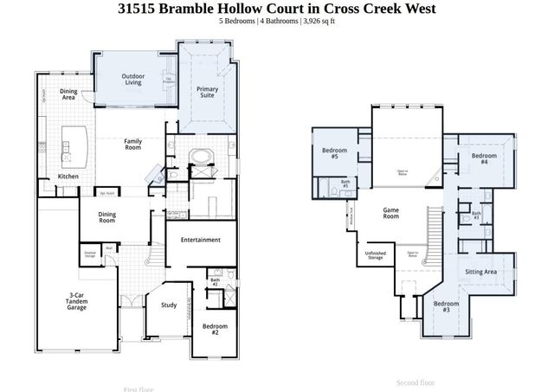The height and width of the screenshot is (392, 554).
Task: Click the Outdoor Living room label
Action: pyautogui.click(x=132, y=80)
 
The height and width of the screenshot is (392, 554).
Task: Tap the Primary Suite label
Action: pyautogui.click(x=207, y=92)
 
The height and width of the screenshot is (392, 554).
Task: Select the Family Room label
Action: pyautogui.click(x=132, y=144)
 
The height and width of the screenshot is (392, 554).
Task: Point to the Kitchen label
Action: pyautogui.click(x=68, y=177)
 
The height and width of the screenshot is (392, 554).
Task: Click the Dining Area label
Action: pyautogui.click(x=69, y=94)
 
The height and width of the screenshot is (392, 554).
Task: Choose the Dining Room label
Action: pyautogui.click(x=106, y=216)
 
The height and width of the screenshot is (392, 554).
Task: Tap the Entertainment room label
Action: pyautogui.click(x=200, y=240)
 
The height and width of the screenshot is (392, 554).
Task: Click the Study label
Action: pyautogui.click(x=169, y=304)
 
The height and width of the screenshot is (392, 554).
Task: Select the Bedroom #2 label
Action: pyautogui.click(x=215, y=328)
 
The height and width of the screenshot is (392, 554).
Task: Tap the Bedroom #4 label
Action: pyautogui.click(x=479, y=158)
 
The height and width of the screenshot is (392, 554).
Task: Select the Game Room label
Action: pyautogui.click(x=391, y=213)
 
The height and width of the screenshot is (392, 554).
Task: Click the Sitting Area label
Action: pyautogui.click(x=480, y=272)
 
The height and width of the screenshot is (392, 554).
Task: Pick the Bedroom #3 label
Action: pyautogui.click(x=447, y=305)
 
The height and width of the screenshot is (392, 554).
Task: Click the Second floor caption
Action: pyautogui.click(x=415, y=382)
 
